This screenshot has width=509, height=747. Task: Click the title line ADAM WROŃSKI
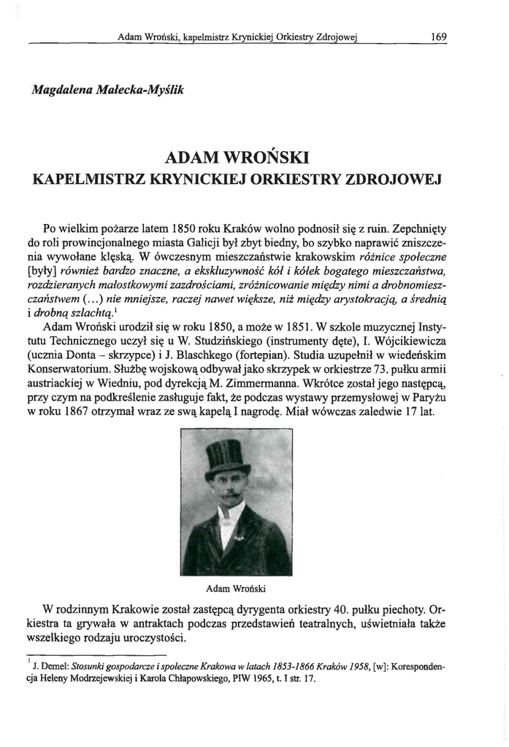[x=238, y=157]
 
